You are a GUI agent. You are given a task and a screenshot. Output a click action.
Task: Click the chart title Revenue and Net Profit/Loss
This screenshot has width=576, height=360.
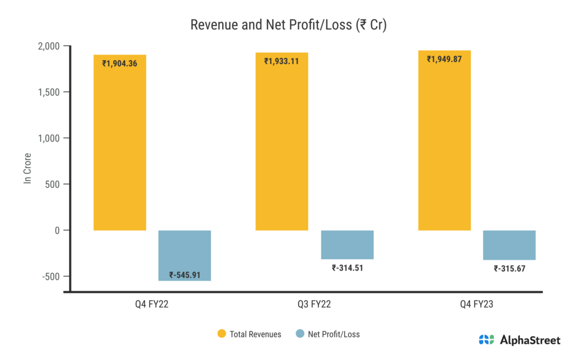(288, 25)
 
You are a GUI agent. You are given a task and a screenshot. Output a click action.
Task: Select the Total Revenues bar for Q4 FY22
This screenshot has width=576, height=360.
(120, 146)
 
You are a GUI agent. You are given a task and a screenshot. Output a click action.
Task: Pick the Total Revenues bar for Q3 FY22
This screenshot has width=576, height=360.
(282, 146)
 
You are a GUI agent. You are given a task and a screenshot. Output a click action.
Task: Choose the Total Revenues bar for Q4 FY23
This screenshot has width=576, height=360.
(444, 146)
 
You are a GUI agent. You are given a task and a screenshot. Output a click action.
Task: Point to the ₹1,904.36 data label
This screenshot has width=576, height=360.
(120, 64)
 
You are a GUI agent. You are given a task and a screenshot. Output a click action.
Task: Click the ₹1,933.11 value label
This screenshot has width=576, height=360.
(282, 61)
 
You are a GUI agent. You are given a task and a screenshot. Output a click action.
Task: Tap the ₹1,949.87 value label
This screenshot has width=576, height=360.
(444, 59)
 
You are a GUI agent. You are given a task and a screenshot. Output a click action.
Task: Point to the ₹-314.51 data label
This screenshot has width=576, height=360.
(347, 268)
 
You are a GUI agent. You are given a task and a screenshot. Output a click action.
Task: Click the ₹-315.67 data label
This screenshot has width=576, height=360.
(509, 268)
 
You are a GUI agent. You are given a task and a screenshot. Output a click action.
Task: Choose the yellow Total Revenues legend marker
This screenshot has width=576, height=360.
(222, 334)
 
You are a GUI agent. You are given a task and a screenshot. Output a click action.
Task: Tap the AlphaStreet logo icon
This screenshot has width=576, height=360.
(487, 340)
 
